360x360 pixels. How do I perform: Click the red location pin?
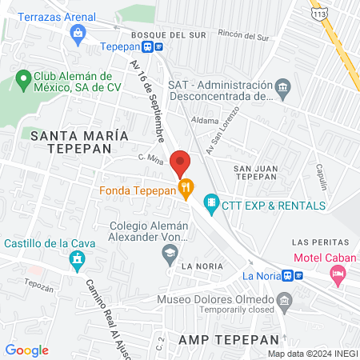click(x=180, y=162)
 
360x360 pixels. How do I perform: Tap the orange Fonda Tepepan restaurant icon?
click(x=186, y=190)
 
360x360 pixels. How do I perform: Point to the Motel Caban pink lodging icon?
click(x=338, y=274)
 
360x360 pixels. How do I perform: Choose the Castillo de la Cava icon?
click(x=77, y=259)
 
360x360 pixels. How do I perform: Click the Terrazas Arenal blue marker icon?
click(x=77, y=33)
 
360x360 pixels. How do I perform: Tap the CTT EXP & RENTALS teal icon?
click(x=211, y=204)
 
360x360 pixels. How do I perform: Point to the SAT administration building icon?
click(x=282, y=86)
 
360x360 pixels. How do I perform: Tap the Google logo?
click(x=26, y=350)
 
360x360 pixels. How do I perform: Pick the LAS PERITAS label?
click(x=321, y=242)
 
